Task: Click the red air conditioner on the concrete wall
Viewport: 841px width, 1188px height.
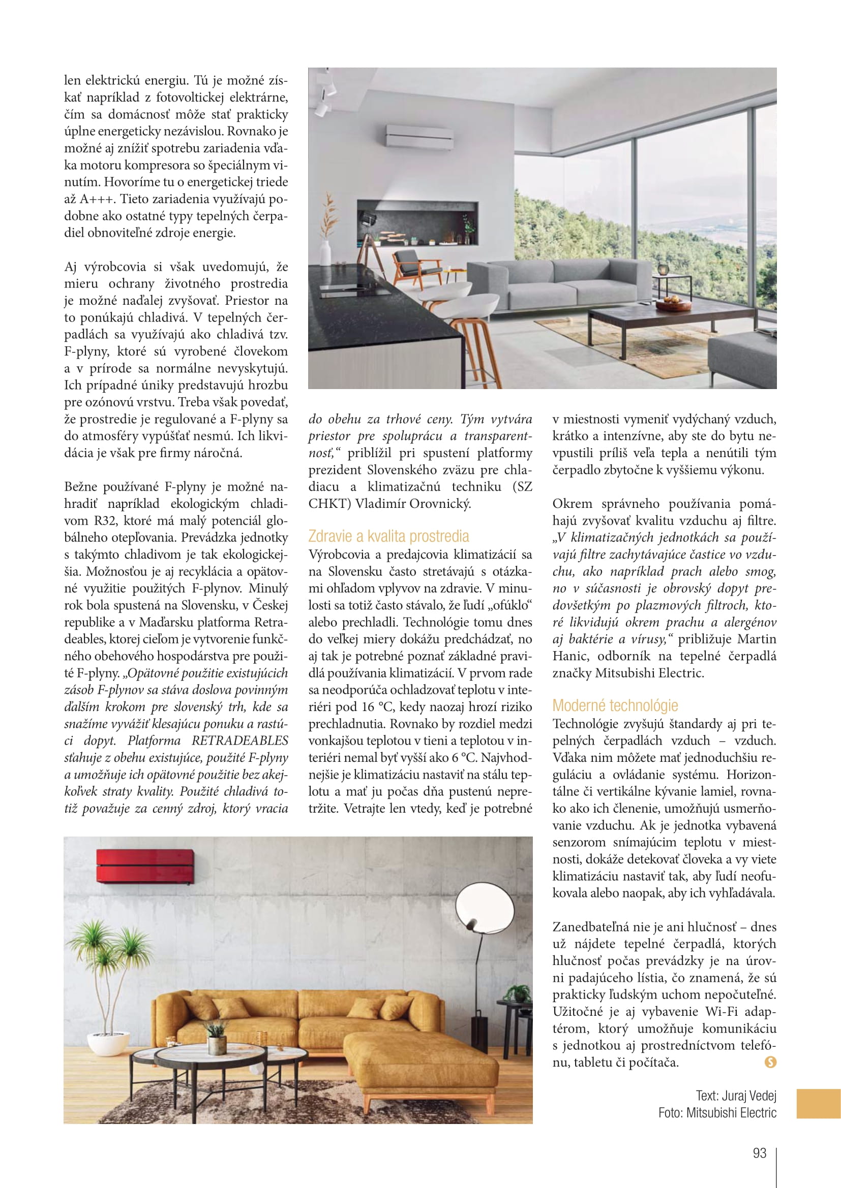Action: point(145,865)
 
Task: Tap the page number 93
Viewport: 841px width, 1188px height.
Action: point(759,1153)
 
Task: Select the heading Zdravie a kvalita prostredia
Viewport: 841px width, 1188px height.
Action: point(388,536)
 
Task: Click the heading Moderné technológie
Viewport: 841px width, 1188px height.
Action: point(615,705)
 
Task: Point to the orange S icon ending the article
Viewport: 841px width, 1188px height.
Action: point(770,1062)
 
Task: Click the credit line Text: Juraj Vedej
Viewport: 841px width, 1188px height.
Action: point(735,1096)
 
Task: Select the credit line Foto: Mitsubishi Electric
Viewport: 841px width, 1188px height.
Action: point(717,1112)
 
